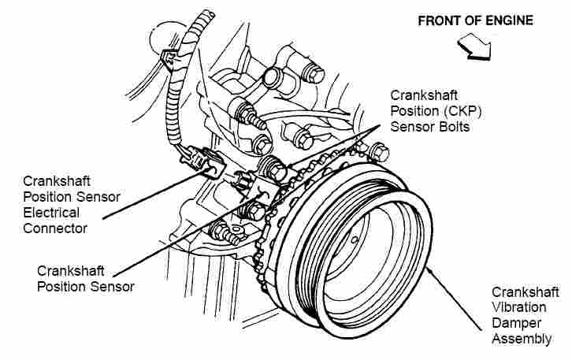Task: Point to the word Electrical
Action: (51, 213)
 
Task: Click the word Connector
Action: (55, 228)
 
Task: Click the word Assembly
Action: (522, 339)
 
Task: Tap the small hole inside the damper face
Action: (355, 239)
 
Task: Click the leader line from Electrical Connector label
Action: (150, 195)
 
